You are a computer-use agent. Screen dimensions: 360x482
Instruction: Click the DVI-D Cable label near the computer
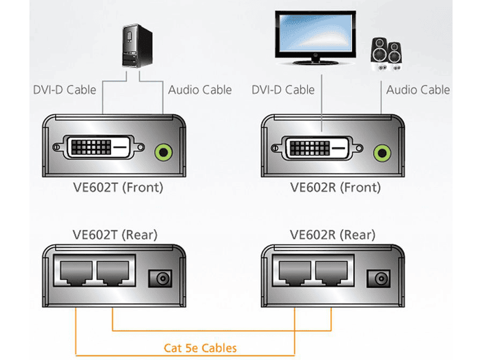pyautogui.click(x=64, y=90)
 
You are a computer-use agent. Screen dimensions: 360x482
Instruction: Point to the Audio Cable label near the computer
pyautogui.click(x=200, y=90)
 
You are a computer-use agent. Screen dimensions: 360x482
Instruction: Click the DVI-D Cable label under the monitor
pyautogui.click(x=283, y=90)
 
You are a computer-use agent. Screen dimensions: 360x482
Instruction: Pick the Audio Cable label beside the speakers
pyautogui.click(x=418, y=90)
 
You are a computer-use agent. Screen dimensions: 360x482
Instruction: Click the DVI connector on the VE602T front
pyautogui.click(x=99, y=148)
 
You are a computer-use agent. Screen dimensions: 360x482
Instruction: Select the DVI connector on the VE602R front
pyautogui.click(x=318, y=148)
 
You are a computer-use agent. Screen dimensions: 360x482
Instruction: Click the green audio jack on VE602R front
pyautogui.click(x=382, y=150)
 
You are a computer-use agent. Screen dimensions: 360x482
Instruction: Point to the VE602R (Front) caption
pyautogui.click(x=335, y=187)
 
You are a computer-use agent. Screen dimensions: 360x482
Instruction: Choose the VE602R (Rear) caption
pyautogui.click(x=332, y=234)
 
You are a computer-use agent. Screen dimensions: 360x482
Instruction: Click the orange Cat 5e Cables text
pyautogui.click(x=200, y=348)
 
